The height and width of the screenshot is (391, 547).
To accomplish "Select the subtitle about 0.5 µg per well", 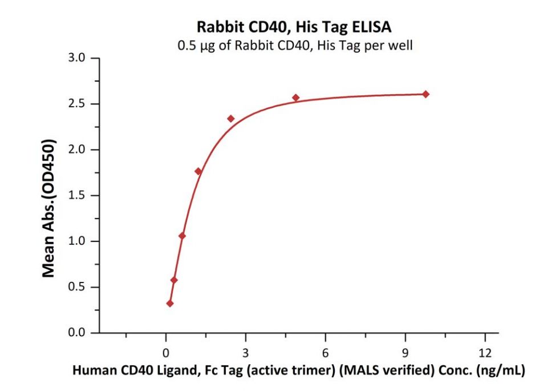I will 294,46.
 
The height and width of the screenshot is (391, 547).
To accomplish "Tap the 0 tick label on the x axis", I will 165,350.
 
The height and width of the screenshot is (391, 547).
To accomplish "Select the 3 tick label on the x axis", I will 245,350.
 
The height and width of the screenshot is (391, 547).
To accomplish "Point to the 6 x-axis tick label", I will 325,350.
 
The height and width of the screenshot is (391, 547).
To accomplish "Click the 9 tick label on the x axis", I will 405,350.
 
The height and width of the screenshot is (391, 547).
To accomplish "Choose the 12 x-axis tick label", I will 485,350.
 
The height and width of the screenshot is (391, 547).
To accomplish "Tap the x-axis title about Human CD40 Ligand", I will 298,370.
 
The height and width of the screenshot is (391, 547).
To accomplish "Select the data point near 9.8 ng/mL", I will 426,94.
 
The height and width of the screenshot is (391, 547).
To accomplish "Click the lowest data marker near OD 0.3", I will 170,304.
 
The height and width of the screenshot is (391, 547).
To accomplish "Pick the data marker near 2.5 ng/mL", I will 231,119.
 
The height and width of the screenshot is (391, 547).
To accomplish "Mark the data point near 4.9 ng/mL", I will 296,98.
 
